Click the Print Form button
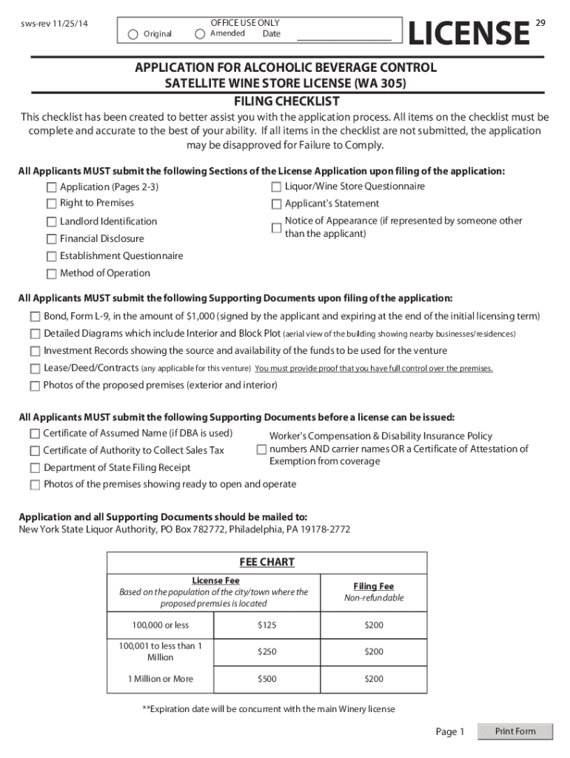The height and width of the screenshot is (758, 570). click(515, 731)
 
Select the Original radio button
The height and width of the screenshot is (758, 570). click(133, 34)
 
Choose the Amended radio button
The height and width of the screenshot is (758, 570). click(200, 34)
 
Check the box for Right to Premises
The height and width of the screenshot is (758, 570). click(52, 204)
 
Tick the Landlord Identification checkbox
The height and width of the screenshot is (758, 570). click(52, 222)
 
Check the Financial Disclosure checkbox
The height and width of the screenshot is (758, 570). click(52, 239)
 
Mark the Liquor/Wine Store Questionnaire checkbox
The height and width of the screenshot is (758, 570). click(276, 187)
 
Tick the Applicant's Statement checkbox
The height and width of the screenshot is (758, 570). click(276, 204)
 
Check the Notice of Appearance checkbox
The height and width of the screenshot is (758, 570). click(276, 227)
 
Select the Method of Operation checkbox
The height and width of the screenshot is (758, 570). click(52, 274)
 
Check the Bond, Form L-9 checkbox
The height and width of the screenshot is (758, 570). click(36, 317)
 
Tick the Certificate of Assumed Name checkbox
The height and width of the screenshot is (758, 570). click(36, 434)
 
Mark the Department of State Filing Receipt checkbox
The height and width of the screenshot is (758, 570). click(36, 468)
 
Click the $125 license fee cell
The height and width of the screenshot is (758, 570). click(266, 625)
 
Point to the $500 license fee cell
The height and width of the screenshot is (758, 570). click(266, 679)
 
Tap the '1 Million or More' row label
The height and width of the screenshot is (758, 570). click(161, 679)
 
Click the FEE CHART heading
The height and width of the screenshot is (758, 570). click(266, 563)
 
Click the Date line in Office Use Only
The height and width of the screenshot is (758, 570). click(343, 36)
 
